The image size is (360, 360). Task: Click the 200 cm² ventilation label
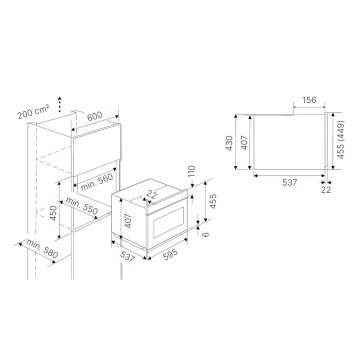tap(33, 111)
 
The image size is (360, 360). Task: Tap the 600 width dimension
tap(94, 116)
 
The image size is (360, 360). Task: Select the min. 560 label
tap(97, 182)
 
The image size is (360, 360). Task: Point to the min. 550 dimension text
tap(81, 205)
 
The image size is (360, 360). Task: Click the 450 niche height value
tap(53, 213)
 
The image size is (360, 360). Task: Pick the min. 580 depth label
tap(42, 248)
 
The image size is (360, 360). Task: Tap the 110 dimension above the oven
tap(191, 171)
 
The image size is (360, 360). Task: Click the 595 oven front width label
tap(170, 254)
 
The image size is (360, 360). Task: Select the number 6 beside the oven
tap(206, 234)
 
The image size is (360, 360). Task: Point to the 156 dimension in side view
tap(309, 100)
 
